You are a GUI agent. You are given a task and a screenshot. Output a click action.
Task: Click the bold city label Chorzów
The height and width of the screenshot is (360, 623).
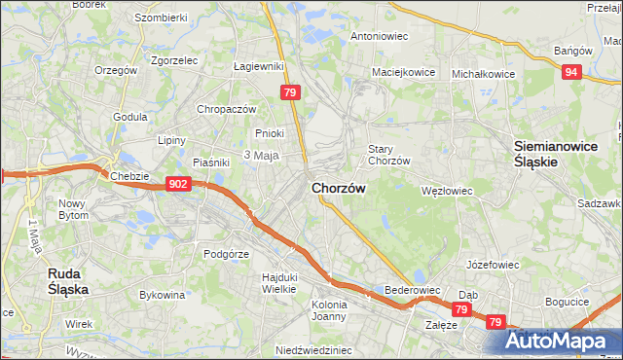tap(338, 189)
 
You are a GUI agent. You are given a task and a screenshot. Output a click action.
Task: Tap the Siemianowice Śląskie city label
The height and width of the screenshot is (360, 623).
tap(550, 154)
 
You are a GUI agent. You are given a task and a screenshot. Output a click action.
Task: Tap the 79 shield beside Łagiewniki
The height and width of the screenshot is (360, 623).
tap(289, 92)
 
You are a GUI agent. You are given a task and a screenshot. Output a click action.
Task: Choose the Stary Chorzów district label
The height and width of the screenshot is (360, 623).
tap(388, 154)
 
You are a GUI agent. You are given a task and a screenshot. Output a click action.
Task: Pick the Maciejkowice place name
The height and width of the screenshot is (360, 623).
tap(402, 72)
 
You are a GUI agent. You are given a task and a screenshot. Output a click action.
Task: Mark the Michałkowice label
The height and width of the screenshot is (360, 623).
tap(483, 73)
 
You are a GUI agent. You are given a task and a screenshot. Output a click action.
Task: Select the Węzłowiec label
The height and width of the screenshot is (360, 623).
tap(446, 191)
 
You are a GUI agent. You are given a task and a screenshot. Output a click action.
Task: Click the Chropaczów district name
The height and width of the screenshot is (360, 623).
tap(226, 109)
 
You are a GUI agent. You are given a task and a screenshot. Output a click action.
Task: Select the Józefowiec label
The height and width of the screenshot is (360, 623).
tap(493, 264)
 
